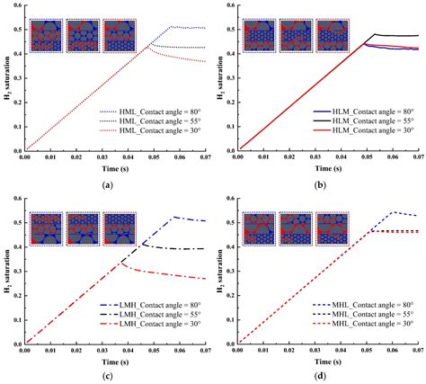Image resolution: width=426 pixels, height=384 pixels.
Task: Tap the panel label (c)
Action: (109, 375)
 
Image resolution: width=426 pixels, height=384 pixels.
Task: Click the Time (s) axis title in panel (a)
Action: (109, 169)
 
